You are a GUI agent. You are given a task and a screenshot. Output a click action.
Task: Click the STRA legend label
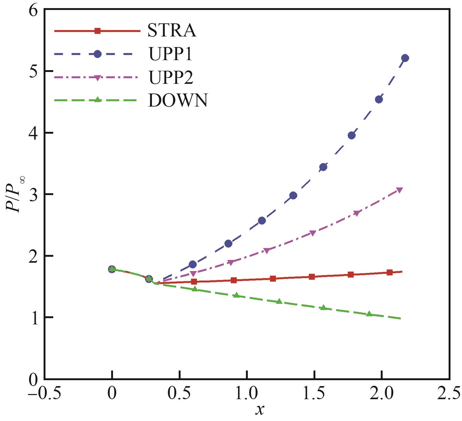coord(172,31)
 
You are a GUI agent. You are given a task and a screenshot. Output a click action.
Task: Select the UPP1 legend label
coord(171,54)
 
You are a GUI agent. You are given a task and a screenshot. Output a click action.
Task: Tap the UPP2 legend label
coord(171,78)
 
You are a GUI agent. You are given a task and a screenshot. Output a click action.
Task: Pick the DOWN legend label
coord(178,100)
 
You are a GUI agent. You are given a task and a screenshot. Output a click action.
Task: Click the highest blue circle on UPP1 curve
coord(405,58)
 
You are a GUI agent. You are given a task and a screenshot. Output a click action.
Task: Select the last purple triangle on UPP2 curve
coord(399,190)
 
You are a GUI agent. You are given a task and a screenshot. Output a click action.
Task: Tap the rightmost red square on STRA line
coord(389,272)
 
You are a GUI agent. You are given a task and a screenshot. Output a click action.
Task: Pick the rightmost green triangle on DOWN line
coord(370,314)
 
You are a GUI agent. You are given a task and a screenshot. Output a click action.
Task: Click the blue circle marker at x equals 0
coord(112,269)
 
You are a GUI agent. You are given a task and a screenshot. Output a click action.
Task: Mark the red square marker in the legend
coord(97,31)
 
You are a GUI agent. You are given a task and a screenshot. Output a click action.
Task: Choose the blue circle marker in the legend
coord(97,54)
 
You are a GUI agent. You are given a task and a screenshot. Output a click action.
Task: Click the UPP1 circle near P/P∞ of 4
coord(351,136)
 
